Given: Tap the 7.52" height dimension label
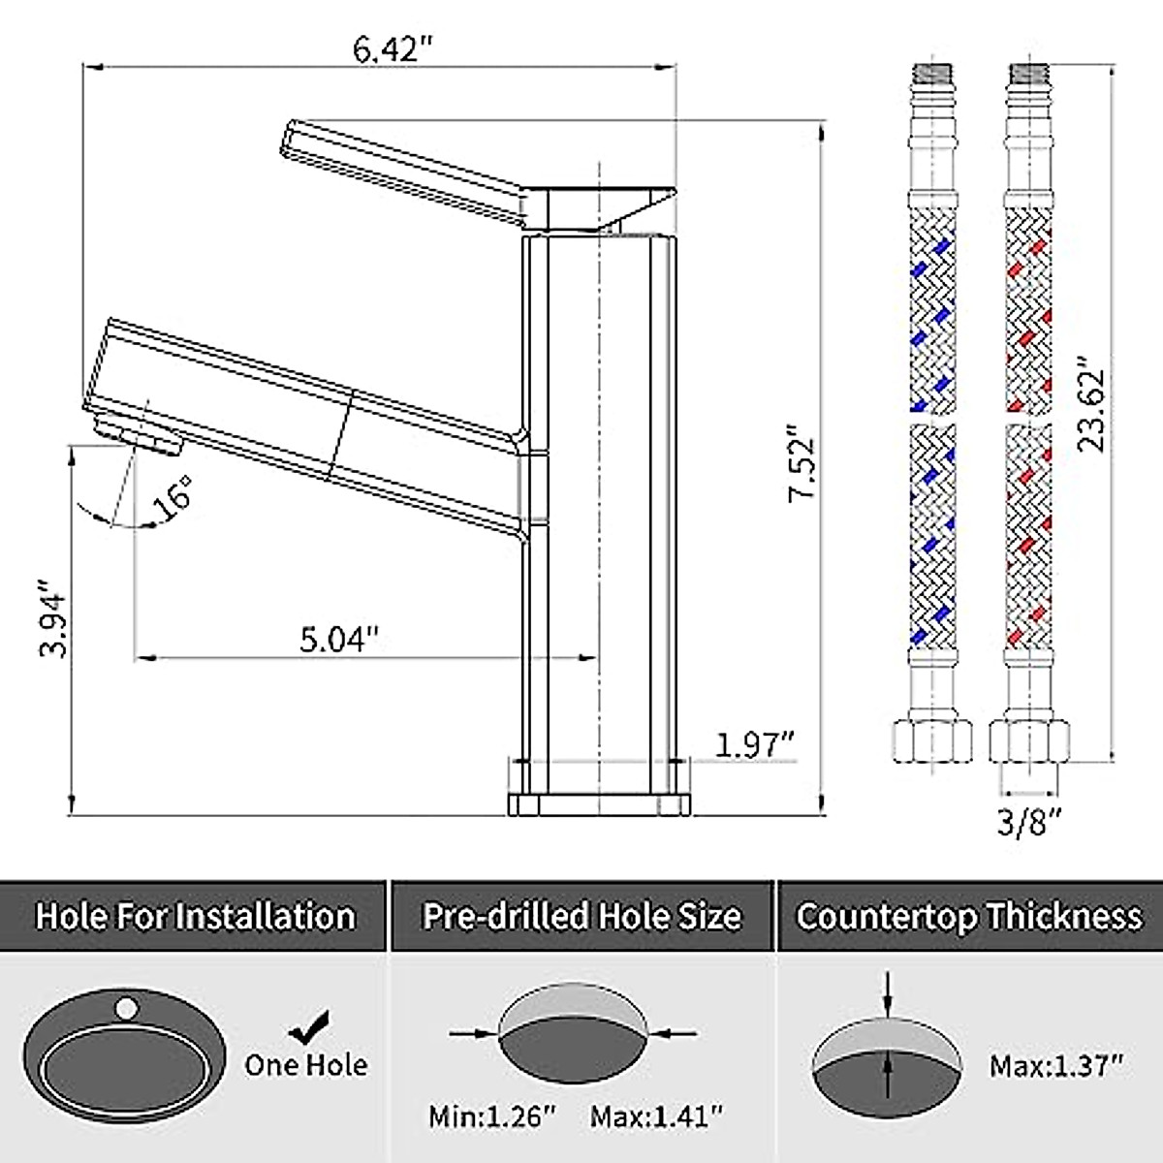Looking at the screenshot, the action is (802, 461).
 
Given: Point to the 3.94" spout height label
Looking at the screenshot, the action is (52, 618).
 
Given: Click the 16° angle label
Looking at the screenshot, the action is (173, 497).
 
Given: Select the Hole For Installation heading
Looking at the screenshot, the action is (195, 916).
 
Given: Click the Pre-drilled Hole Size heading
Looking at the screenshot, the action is (581, 916).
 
